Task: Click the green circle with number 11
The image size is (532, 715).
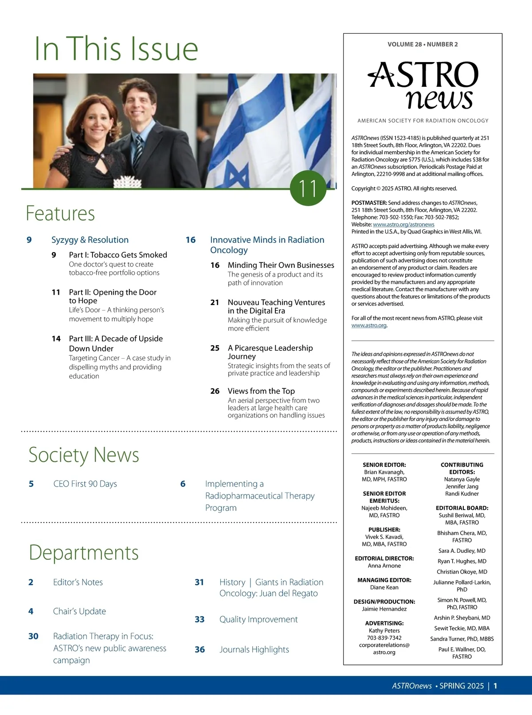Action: tap(308, 188)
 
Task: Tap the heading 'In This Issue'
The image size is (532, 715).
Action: tap(116, 49)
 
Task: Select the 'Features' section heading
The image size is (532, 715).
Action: tap(60, 213)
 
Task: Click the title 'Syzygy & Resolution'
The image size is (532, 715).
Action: tap(90, 240)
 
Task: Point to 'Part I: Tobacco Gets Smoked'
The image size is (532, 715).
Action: tap(118, 255)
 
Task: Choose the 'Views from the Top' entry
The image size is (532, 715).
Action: tap(261, 391)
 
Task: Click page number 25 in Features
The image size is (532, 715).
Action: tap(215, 348)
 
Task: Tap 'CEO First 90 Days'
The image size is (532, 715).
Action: tap(85, 484)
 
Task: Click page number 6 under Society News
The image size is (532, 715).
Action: tap(183, 484)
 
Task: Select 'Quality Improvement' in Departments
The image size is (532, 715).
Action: tap(258, 619)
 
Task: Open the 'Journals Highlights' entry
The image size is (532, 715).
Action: tap(254, 649)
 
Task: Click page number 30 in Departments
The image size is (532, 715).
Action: tap(33, 636)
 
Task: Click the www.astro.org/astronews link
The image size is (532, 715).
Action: tap(403, 225)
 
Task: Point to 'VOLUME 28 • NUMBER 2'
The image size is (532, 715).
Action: tap(422, 44)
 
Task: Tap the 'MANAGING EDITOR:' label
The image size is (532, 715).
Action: tap(384, 580)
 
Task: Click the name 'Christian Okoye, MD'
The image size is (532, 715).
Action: tap(462, 572)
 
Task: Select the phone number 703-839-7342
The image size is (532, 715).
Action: tap(384, 638)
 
